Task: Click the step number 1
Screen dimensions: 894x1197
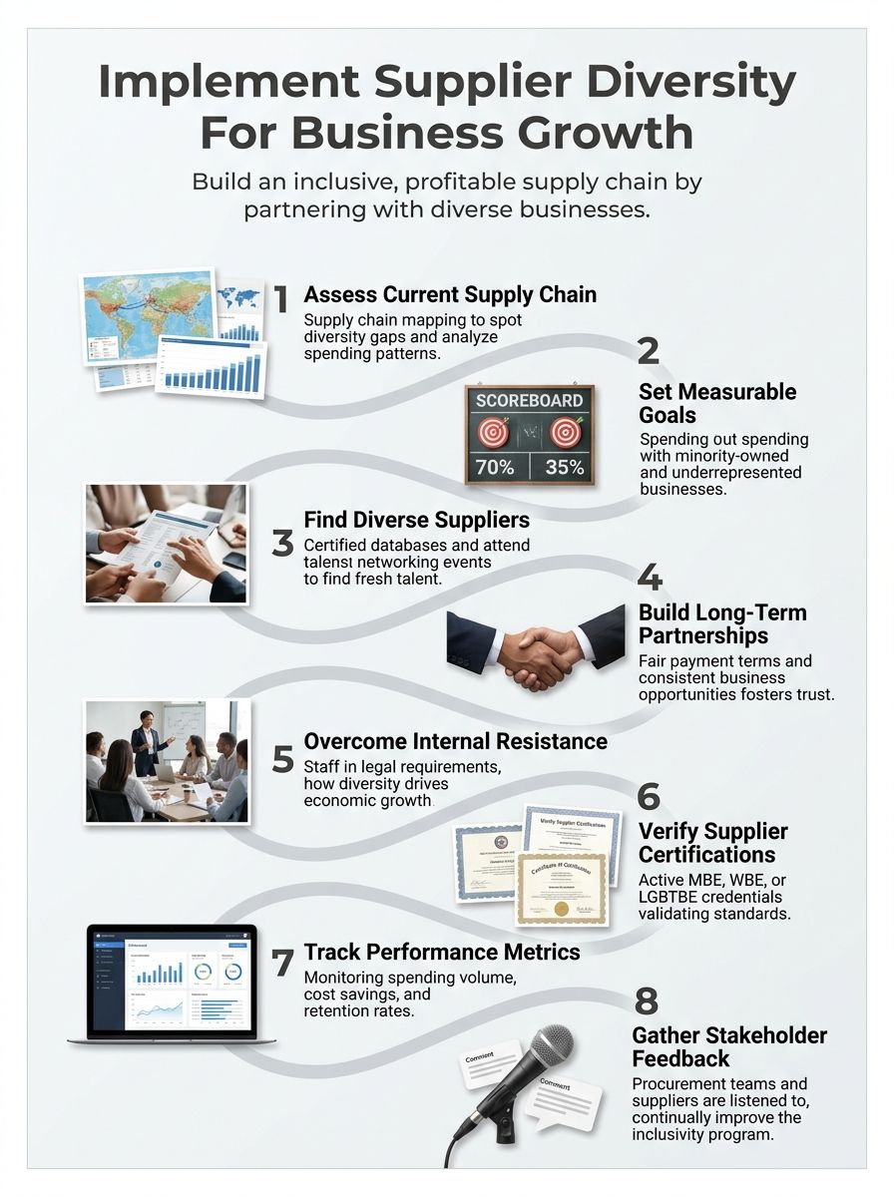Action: pyautogui.click(x=281, y=298)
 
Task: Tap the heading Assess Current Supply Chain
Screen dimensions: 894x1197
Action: pyautogui.click(x=450, y=294)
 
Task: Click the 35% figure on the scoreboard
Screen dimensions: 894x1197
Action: pyautogui.click(x=565, y=466)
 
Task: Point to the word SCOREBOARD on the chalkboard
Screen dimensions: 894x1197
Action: pyautogui.click(x=529, y=401)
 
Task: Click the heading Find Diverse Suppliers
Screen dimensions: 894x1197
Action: pyautogui.click(x=416, y=520)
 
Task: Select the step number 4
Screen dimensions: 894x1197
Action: pyautogui.click(x=650, y=579)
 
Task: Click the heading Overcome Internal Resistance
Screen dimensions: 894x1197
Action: pyautogui.click(x=455, y=741)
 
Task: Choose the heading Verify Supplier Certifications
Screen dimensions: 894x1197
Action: pyautogui.click(x=712, y=843)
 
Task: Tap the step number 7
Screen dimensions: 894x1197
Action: pyautogui.click(x=282, y=963)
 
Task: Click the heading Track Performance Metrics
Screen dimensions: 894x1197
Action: pyautogui.click(x=441, y=952)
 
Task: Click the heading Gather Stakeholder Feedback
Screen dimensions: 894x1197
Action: pyautogui.click(x=729, y=1046)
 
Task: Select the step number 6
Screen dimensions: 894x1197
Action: pyautogui.click(x=649, y=796)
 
